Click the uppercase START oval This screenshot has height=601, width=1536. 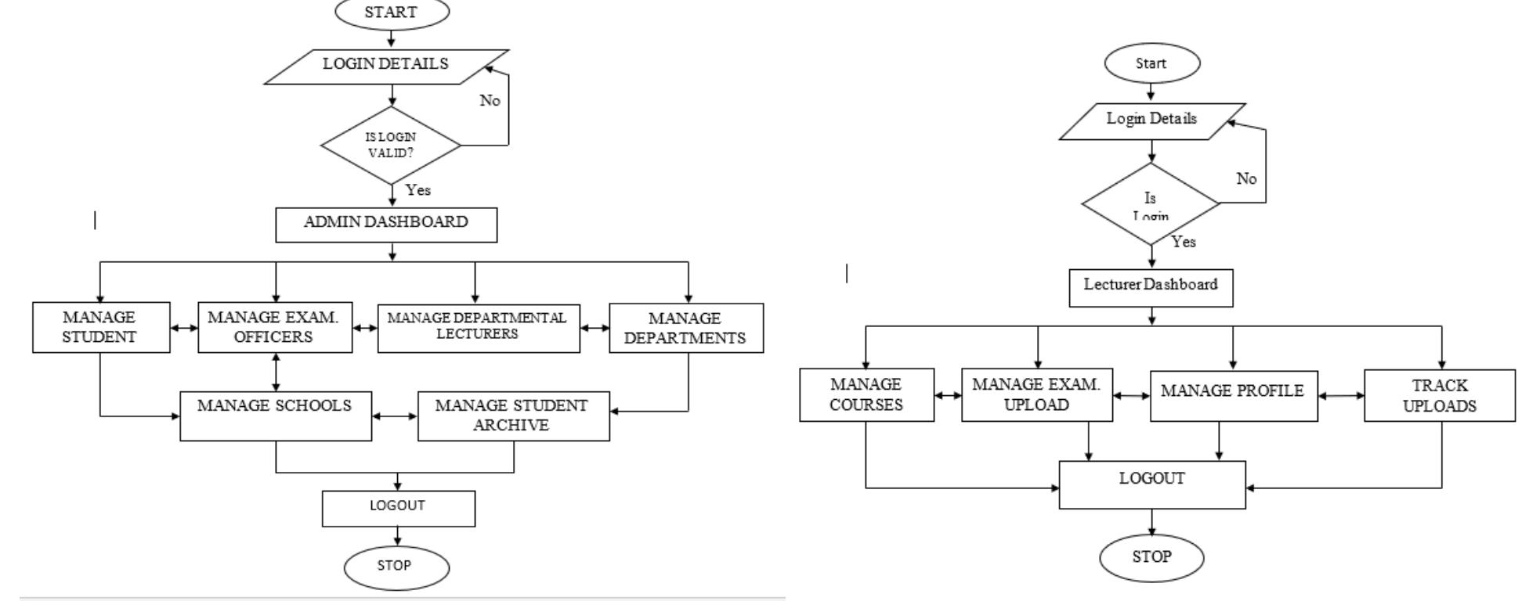tap(392, 13)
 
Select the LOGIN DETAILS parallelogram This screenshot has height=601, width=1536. tap(386, 66)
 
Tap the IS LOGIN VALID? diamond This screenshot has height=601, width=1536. tap(391, 146)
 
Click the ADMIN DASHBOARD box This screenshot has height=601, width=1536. tap(386, 224)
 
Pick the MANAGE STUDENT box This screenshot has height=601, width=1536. tap(100, 327)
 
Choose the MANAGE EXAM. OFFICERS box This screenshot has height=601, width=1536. tap(274, 327)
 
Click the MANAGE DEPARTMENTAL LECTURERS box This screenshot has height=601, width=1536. tap(478, 328)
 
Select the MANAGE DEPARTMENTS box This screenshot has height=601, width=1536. tap(685, 328)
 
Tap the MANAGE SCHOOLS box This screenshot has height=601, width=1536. tap(275, 416)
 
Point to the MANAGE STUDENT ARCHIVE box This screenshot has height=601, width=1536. tap(512, 416)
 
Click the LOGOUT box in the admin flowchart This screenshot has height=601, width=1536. tap(398, 508)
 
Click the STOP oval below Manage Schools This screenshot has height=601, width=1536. tap(396, 567)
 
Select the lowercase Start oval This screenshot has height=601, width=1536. tap(1151, 63)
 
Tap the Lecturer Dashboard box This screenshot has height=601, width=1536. tap(1151, 287)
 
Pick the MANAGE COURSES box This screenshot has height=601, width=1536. tap(866, 394)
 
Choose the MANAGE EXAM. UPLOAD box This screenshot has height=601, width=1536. tap(1036, 394)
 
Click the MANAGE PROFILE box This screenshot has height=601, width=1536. tap(1233, 395)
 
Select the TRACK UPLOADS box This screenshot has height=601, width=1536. tap(1439, 395)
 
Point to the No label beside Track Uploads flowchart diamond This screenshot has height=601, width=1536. tap(1246, 178)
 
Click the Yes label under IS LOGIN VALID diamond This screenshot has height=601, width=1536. tap(418, 190)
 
